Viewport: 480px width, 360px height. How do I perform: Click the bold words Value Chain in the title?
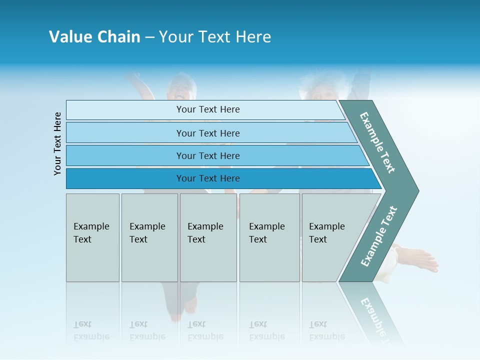tap(94, 36)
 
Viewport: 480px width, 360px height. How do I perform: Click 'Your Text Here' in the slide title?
tap(215, 36)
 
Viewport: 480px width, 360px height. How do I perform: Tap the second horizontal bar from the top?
tap(207, 133)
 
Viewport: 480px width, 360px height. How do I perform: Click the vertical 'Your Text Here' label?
tap(58, 143)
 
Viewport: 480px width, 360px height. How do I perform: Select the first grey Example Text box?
tap(92, 237)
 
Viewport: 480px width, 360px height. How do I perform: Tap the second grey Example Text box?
tap(149, 237)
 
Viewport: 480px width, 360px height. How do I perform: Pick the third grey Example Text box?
tap(208, 237)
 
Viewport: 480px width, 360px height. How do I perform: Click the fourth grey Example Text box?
tap(269, 237)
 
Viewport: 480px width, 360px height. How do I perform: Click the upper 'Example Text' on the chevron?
tap(377, 142)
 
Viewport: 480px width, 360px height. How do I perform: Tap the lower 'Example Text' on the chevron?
tap(379, 236)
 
